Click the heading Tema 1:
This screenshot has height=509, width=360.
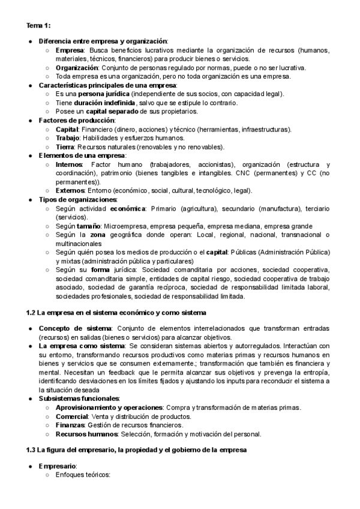point(38,26)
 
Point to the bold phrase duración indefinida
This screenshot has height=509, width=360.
point(101,103)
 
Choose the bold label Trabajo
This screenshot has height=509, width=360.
point(67,138)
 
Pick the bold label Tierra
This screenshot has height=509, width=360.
point(65,147)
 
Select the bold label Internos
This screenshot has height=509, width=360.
point(69,164)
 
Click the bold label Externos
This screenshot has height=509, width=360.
point(70,191)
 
